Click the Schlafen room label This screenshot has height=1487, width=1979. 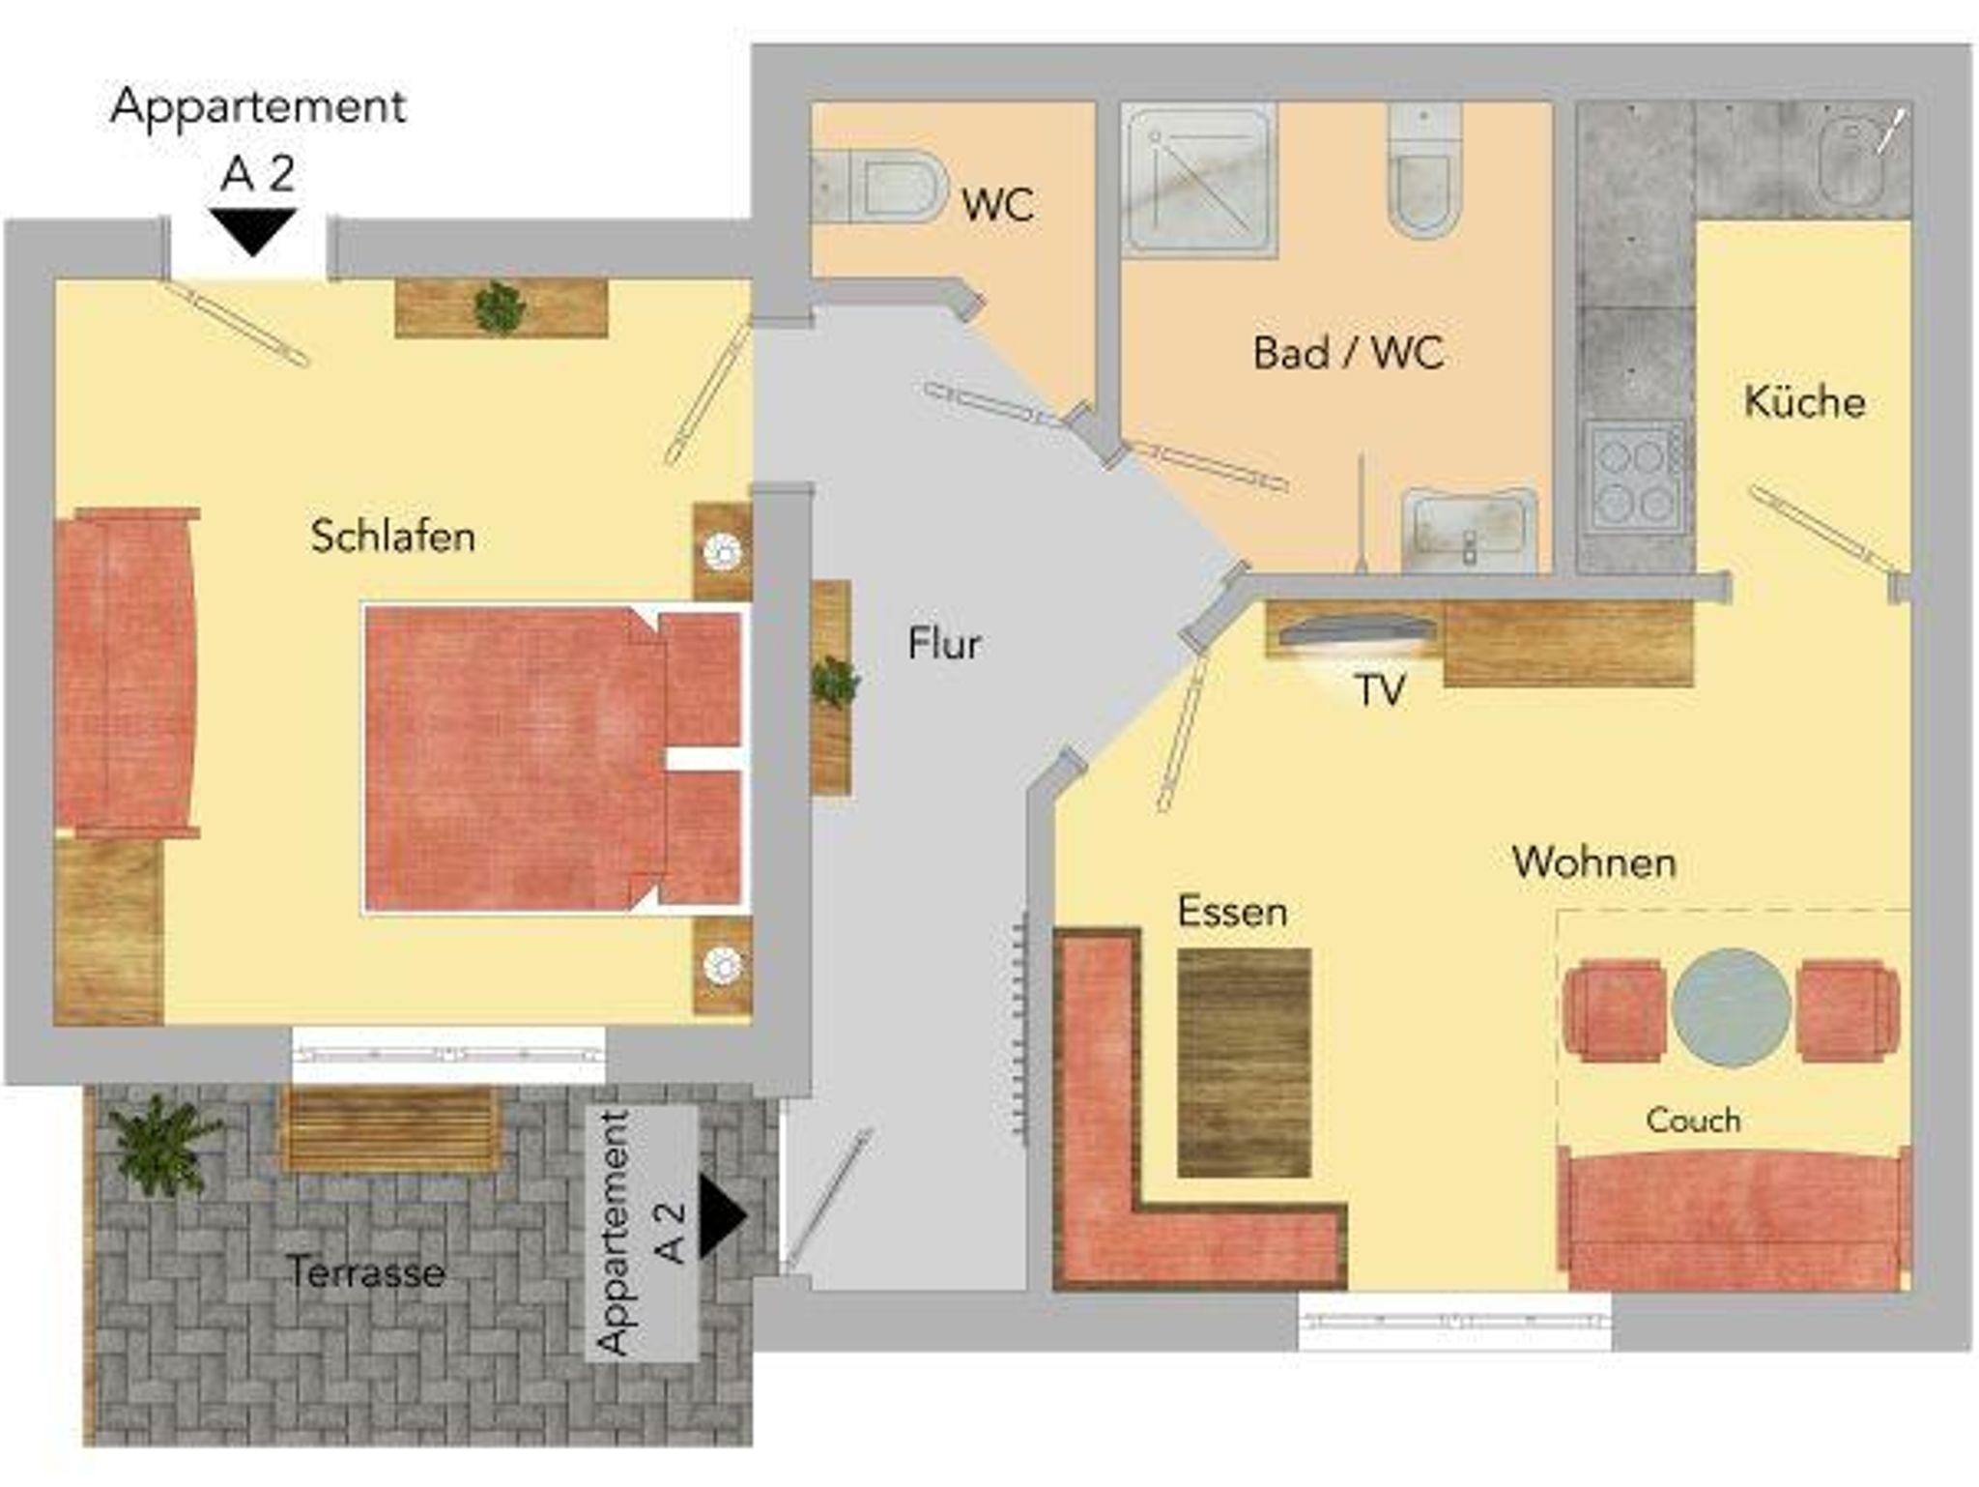392,537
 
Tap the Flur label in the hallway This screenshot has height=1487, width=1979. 944,644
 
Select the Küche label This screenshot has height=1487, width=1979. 1804,400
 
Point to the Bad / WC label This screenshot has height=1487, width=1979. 1348,353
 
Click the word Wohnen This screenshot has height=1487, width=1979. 1593,862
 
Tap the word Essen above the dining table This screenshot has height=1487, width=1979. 1232,912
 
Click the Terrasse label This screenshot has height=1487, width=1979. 366,1271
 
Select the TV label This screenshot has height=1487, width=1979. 1380,690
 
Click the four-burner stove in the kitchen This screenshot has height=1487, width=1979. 1634,475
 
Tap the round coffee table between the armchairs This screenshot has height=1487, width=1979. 1732,1007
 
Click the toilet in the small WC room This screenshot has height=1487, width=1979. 879,186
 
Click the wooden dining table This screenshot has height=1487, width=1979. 1244,1063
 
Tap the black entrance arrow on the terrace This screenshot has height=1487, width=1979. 723,1216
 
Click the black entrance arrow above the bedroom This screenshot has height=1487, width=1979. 253,232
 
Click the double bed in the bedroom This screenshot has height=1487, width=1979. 554,759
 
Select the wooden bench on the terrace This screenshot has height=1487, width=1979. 390,1128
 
